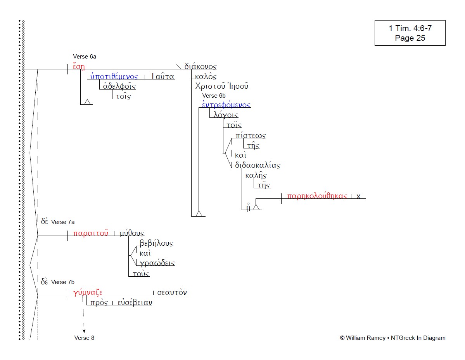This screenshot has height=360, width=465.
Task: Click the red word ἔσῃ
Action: click(x=78, y=66)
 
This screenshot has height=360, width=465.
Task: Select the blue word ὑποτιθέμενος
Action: click(x=114, y=76)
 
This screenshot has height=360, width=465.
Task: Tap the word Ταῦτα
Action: click(x=162, y=76)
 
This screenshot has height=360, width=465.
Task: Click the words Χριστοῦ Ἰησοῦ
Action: click(x=222, y=86)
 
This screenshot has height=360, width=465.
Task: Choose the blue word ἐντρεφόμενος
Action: click(x=226, y=105)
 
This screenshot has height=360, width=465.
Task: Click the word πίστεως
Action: click(x=251, y=135)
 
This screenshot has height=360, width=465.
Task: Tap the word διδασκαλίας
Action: click(x=258, y=165)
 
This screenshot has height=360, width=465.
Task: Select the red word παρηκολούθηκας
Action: click(x=317, y=196)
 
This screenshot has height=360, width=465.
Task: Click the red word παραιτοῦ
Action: click(x=90, y=233)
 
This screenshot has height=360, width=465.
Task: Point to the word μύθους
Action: click(x=131, y=233)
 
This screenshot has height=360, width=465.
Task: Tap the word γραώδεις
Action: click(x=157, y=263)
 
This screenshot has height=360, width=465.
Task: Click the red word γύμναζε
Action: click(x=88, y=293)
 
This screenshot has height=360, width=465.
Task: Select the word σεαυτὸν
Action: click(x=172, y=293)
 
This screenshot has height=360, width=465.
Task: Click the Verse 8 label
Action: click(x=84, y=338)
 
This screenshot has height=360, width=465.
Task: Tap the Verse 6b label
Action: click(x=214, y=96)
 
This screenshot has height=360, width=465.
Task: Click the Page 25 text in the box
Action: click(x=410, y=38)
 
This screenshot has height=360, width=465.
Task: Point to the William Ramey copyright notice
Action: click(x=392, y=338)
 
